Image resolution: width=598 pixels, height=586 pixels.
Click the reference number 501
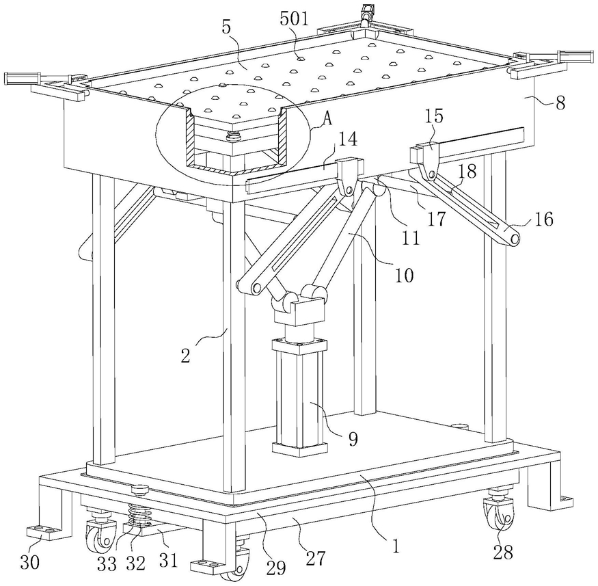[294, 18]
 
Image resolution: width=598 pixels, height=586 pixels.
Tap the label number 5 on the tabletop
[227, 28]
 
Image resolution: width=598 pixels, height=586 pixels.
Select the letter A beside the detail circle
[327, 120]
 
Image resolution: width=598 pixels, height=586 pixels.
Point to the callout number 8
[560, 103]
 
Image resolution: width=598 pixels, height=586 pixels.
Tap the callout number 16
[543, 219]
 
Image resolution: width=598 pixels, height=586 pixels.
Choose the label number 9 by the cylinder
[353, 439]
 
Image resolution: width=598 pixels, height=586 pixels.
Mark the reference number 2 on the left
[185, 356]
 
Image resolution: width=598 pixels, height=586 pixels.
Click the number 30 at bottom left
[29, 561]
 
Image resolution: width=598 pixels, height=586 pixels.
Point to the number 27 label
[316, 558]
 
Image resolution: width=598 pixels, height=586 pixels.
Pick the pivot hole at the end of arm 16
[515, 239]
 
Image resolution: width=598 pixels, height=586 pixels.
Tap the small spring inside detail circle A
[232, 135]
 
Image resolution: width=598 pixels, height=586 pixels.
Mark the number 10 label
[405, 275]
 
